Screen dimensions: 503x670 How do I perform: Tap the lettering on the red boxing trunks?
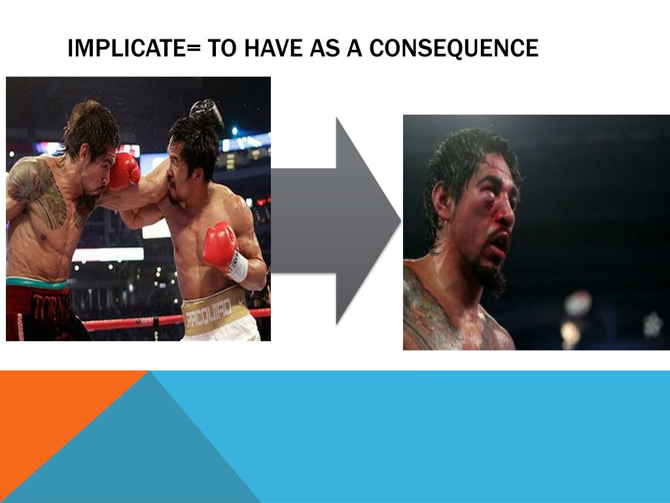49,308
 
